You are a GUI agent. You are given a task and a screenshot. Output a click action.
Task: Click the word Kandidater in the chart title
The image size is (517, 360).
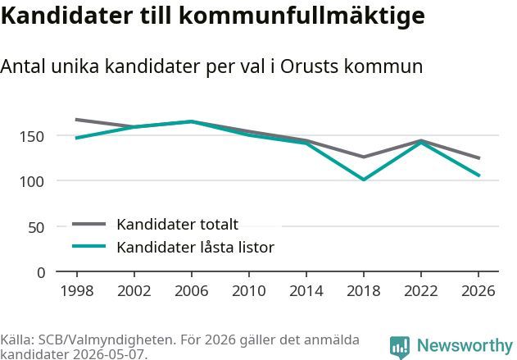point(66,16)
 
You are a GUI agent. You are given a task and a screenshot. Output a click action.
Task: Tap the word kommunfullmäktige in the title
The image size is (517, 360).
point(302,16)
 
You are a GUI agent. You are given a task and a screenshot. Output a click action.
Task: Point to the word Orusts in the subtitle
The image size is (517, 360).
point(309,66)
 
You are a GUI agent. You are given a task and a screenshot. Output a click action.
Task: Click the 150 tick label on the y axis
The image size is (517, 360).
point(32,137)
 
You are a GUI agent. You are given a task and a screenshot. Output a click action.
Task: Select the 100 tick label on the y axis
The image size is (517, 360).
point(32,182)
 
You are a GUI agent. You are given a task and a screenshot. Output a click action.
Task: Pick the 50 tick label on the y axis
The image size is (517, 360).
point(36,228)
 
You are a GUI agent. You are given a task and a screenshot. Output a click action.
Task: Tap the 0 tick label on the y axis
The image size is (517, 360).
point(41,273)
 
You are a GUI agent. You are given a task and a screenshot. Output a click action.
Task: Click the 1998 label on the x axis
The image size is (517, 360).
point(77,291)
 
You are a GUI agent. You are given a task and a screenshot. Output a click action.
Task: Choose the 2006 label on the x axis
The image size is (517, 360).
point(192,291)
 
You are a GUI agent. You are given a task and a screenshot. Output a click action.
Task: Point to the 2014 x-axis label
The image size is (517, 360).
point(306,291)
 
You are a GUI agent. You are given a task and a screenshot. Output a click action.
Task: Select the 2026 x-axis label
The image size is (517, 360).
point(478,291)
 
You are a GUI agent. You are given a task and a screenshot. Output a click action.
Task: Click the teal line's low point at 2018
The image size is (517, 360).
point(364,180)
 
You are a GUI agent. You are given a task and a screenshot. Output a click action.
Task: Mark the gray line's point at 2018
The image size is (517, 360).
point(364,157)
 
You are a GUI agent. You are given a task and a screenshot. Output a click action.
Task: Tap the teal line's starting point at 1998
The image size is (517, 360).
point(77,138)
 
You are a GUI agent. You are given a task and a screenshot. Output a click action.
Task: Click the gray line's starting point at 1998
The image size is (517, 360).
point(77,120)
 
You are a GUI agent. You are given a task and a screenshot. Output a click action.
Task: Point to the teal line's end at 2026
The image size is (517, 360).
point(478,175)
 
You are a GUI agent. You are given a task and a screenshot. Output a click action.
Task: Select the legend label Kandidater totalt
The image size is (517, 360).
point(178,225)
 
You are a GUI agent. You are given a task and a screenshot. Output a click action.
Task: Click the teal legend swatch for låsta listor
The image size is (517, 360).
point(89,246)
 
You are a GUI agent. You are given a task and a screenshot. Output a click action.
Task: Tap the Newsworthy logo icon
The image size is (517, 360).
point(400,348)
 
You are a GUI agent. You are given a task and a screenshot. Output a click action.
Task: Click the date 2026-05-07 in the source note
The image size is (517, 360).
point(110,354)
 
